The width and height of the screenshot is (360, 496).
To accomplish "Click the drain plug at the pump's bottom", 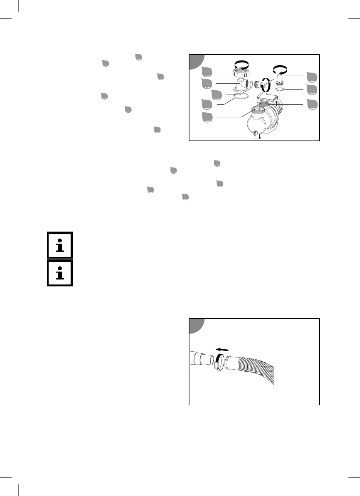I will pyautogui.click(x=255, y=134).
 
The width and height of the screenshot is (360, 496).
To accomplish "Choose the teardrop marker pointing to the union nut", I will pyautogui.click(x=207, y=72).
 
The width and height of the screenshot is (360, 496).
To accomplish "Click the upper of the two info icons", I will pyautogui.click(x=60, y=245).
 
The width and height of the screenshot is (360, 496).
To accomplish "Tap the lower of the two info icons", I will pyautogui.click(x=60, y=273).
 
